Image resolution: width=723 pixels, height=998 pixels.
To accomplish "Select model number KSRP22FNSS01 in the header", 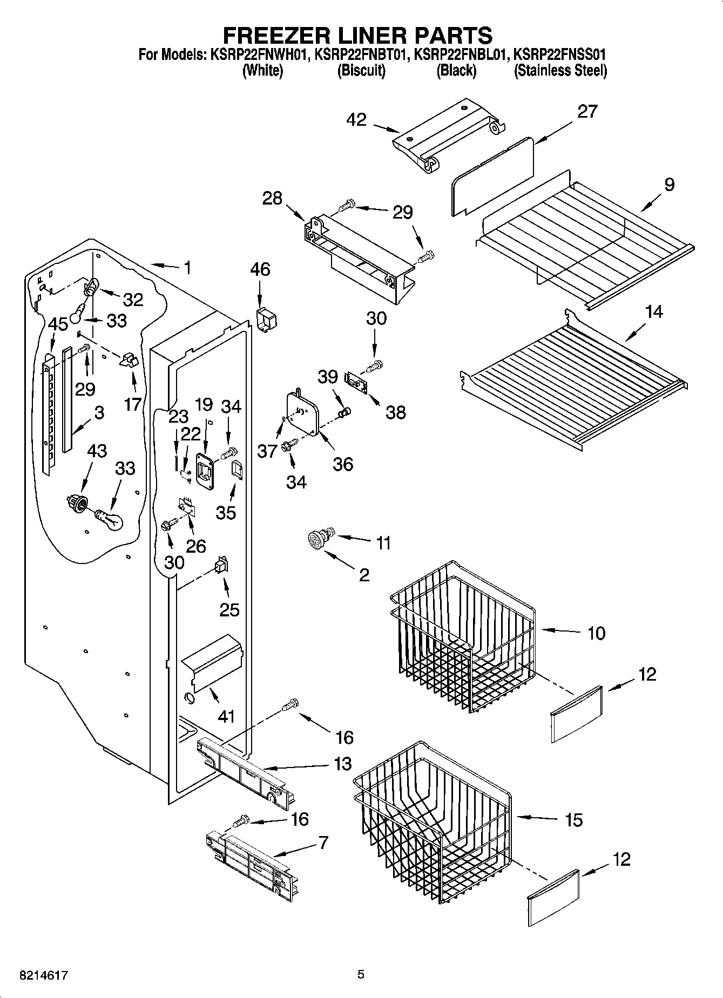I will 560,55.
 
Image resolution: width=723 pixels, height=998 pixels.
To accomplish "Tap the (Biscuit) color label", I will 361,71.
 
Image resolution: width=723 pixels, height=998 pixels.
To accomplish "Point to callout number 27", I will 587,111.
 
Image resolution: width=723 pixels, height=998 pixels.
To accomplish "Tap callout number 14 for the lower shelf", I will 654,311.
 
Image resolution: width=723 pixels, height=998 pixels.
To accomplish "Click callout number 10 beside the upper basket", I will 596,633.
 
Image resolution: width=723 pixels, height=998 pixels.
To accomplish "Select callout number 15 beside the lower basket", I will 573,820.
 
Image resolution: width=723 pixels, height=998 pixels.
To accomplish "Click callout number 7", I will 323,843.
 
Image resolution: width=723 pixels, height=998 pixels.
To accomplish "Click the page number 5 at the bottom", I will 361,975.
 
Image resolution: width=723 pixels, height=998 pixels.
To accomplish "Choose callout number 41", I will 226,716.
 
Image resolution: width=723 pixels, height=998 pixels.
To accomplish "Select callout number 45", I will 58,324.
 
